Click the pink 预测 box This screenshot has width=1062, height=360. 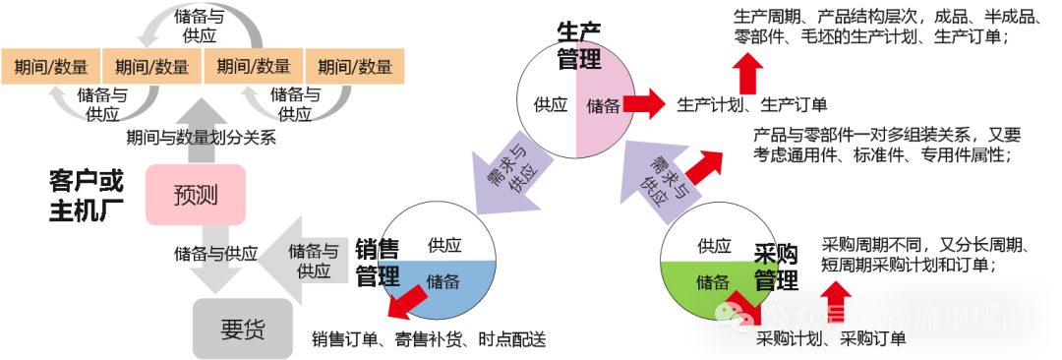coord(195,195)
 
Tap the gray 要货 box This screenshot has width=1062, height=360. coord(242,329)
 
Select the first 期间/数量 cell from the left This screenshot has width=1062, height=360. coord(51,67)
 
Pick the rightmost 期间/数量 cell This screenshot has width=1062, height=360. coord(355,67)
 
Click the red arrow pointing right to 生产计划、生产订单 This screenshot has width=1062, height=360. coord(646,103)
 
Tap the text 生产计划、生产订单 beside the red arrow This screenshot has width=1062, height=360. coord(752,104)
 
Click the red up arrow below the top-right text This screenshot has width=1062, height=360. coord(749,73)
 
